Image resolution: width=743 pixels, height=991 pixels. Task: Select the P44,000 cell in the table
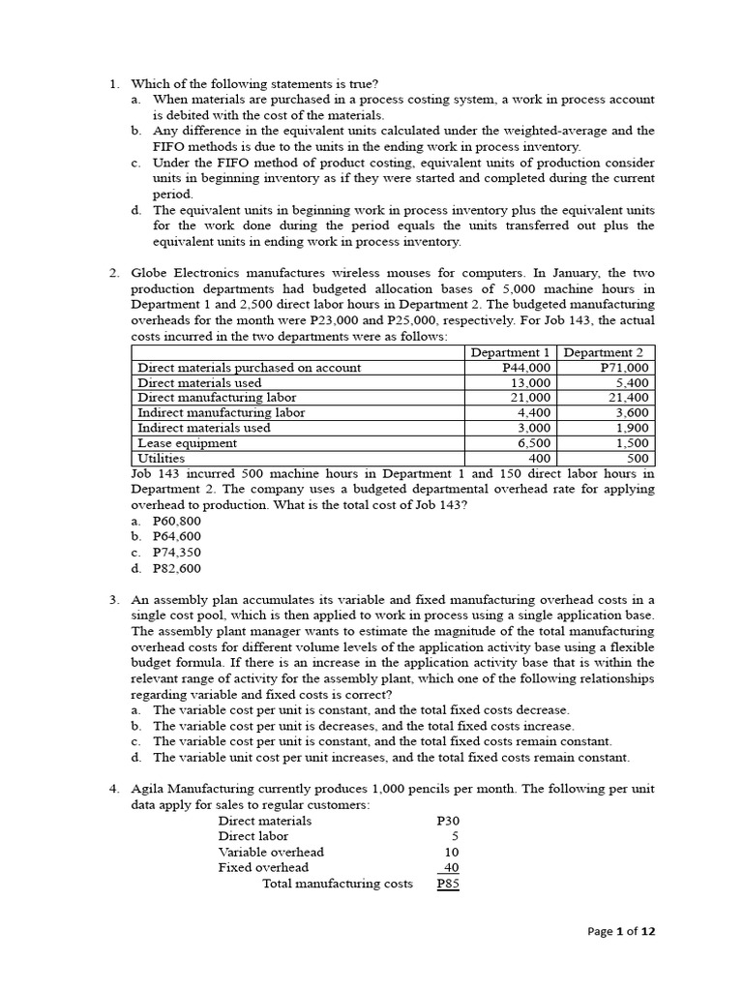click(x=527, y=368)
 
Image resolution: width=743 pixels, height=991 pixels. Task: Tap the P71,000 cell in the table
click(x=625, y=368)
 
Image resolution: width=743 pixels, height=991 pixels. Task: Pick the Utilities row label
click(x=161, y=458)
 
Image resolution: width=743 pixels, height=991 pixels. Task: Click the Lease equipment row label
click(x=187, y=442)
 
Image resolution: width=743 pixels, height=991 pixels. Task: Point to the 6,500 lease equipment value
click(x=533, y=442)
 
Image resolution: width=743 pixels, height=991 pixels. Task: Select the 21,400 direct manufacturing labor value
click(x=629, y=398)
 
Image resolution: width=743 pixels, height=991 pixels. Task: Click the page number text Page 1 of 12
click(x=622, y=932)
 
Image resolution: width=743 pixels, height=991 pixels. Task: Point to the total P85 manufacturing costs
click(x=448, y=884)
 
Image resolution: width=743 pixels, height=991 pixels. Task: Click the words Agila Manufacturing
click(x=199, y=789)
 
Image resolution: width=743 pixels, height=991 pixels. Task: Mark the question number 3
click(x=114, y=600)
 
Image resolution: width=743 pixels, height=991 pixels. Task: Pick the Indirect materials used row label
click(x=204, y=428)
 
